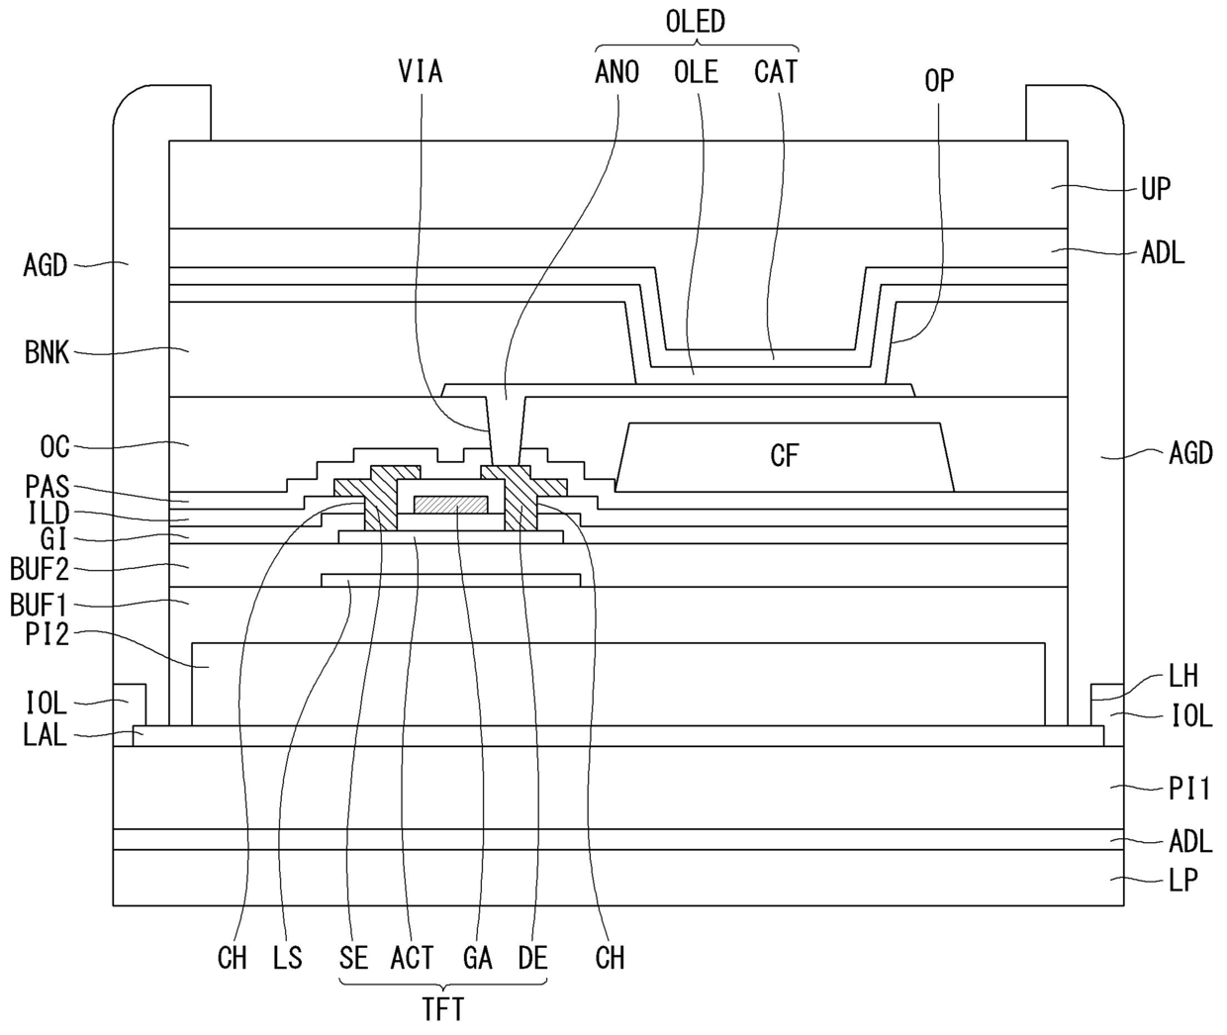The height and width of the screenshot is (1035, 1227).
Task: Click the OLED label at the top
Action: [x=696, y=22]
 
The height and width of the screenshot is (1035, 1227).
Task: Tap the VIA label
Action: [x=421, y=72]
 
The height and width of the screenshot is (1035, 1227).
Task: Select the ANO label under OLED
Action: [x=617, y=72]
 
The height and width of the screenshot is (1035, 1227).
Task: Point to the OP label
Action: [x=939, y=80]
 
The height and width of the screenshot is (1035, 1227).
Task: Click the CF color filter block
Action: [x=784, y=457]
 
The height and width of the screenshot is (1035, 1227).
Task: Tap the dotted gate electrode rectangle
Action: [x=450, y=505]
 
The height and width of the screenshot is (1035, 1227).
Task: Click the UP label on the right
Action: [x=1156, y=189]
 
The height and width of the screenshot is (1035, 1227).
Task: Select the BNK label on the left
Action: [x=47, y=352]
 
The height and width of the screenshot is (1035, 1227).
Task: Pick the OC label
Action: [x=54, y=446]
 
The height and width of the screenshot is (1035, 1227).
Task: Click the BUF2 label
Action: [x=40, y=569]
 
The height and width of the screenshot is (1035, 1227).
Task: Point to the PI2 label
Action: [x=47, y=634]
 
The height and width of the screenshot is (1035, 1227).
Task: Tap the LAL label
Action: [x=46, y=734]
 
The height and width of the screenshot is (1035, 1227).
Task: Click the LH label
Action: [x=1182, y=676]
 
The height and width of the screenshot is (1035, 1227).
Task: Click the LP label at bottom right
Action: [x=1182, y=881]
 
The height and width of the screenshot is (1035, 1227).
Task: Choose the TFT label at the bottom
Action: [x=443, y=1010]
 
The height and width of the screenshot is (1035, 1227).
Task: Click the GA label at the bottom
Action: [x=477, y=958]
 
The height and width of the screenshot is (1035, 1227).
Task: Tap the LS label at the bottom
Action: [x=287, y=958]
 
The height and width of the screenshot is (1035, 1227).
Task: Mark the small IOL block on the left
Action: [x=130, y=705]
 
